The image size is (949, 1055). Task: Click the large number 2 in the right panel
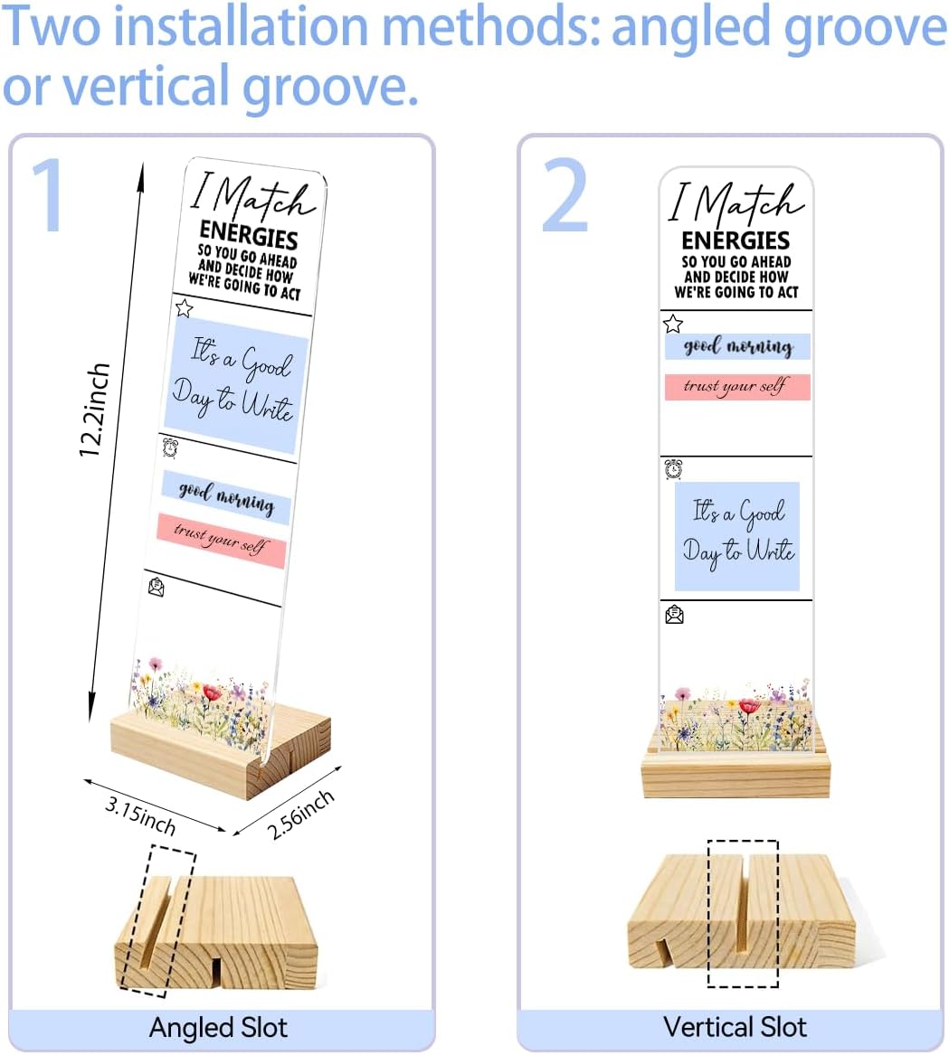pos(565,194)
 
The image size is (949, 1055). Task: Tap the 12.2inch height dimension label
pos(93,410)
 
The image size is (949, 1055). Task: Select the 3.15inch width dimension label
pos(141,815)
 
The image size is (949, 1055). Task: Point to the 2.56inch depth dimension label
pos(300,815)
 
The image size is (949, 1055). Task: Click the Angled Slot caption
pos(218,1027)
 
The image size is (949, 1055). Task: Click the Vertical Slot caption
pos(735,1027)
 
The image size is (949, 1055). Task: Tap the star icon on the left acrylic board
pos(184,308)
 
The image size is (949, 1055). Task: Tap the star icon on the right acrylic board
pos(673,324)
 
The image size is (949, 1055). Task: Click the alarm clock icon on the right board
pos(673,469)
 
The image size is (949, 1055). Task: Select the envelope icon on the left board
pos(157,588)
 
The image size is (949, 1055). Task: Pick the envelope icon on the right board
pos(674,615)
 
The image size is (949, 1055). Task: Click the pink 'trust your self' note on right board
pos(736,387)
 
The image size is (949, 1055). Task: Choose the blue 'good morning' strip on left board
pos(226,498)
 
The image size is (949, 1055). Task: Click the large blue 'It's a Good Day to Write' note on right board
pos(736,536)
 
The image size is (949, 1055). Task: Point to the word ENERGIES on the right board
pos(735,240)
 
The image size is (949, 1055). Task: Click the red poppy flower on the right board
pos(749,706)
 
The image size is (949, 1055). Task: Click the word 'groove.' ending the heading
pos(330,87)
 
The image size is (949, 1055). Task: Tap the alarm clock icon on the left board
pos(170,447)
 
